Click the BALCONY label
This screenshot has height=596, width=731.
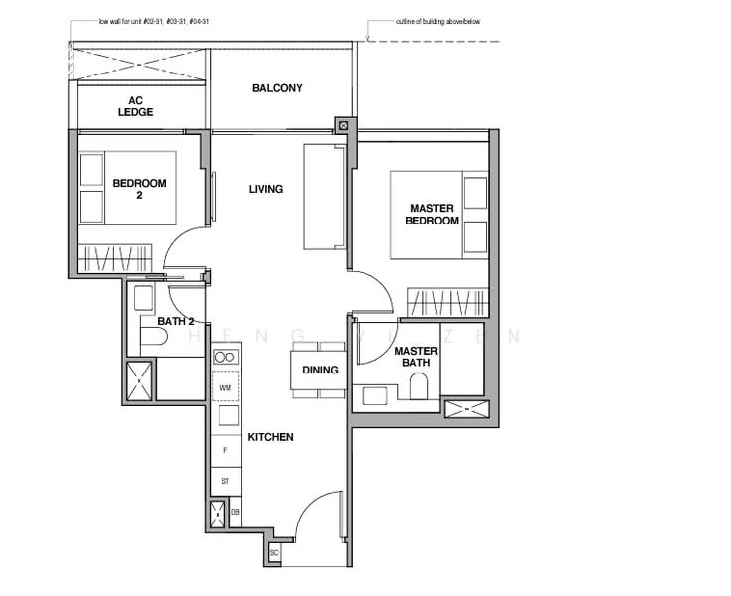(x=277, y=88)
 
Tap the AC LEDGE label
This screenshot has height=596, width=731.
(x=137, y=106)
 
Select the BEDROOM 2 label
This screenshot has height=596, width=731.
(x=139, y=189)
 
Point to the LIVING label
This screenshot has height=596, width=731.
(x=266, y=189)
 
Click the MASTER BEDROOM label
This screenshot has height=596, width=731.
(x=432, y=215)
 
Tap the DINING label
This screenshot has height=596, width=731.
(x=320, y=370)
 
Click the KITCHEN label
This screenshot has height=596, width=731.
(x=270, y=437)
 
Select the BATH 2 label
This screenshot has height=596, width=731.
(x=176, y=321)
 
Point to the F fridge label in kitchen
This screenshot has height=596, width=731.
(x=225, y=451)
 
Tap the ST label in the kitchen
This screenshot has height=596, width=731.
(x=225, y=481)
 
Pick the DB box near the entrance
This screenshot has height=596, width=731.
(x=235, y=513)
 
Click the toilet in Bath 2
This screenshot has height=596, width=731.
(x=151, y=338)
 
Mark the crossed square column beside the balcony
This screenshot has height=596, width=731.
(x=343, y=126)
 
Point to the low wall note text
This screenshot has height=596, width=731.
(x=154, y=21)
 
